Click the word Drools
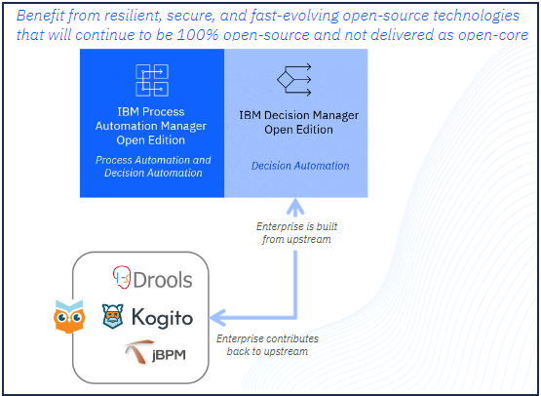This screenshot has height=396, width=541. click(x=163, y=280)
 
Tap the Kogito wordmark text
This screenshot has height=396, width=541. click(x=162, y=318)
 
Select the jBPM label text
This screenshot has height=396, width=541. click(x=169, y=355)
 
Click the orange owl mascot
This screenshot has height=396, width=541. click(x=69, y=317)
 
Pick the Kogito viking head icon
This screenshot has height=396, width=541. click(x=113, y=316)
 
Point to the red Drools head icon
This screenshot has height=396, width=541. click(x=122, y=277)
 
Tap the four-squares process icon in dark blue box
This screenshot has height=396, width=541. click(x=152, y=80)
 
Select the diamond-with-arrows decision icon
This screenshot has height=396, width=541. click(x=294, y=80)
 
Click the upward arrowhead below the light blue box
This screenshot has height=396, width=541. click(x=295, y=207)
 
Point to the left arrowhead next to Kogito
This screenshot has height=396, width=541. click(x=218, y=317)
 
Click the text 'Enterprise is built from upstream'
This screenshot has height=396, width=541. click(x=296, y=233)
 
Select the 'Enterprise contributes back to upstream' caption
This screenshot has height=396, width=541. click(x=267, y=345)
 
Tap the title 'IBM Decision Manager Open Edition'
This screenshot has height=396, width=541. click(x=299, y=122)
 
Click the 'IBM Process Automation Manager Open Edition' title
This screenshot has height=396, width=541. click(x=151, y=126)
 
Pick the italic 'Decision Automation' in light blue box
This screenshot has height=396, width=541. click(x=300, y=166)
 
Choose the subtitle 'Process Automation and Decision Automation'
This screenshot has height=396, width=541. click(x=153, y=167)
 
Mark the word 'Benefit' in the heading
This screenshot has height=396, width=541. click(x=40, y=16)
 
